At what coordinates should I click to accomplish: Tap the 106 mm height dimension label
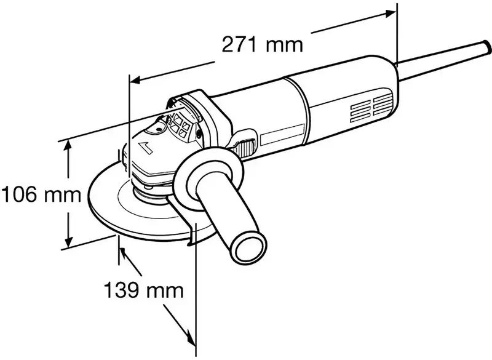(x=41, y=195)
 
